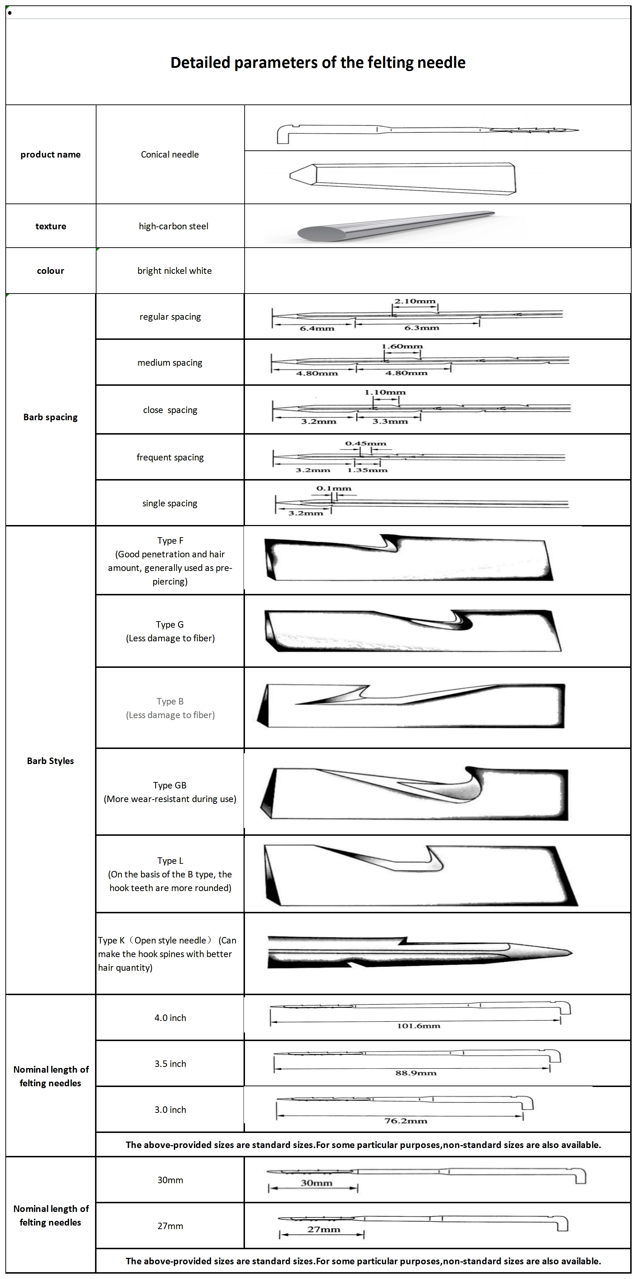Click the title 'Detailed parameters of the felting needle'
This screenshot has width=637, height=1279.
318,62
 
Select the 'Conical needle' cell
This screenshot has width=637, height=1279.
170,154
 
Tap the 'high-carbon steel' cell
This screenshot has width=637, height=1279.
173,226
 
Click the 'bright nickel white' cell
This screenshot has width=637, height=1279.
174,271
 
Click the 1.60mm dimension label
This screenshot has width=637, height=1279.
402,346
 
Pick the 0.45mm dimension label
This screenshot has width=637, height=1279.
365,444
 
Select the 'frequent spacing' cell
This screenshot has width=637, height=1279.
170,457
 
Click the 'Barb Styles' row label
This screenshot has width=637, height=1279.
50,761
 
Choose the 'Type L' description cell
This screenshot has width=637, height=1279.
170,874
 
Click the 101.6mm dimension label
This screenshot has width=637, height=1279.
418,1026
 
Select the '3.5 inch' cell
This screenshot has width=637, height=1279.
170,1064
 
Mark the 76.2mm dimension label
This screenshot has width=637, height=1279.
405,1121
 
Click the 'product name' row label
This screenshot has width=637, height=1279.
50,154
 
